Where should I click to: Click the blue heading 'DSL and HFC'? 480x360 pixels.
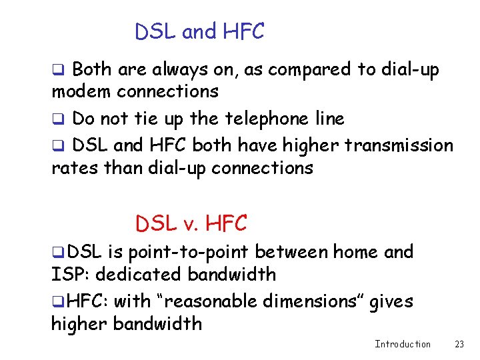pos(199,31)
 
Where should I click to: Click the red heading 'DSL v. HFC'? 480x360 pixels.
pos(191,224)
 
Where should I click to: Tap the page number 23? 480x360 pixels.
pos(459,344)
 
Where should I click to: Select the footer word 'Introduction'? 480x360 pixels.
pos(403,344)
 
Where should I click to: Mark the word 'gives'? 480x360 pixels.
pos(390,301)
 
